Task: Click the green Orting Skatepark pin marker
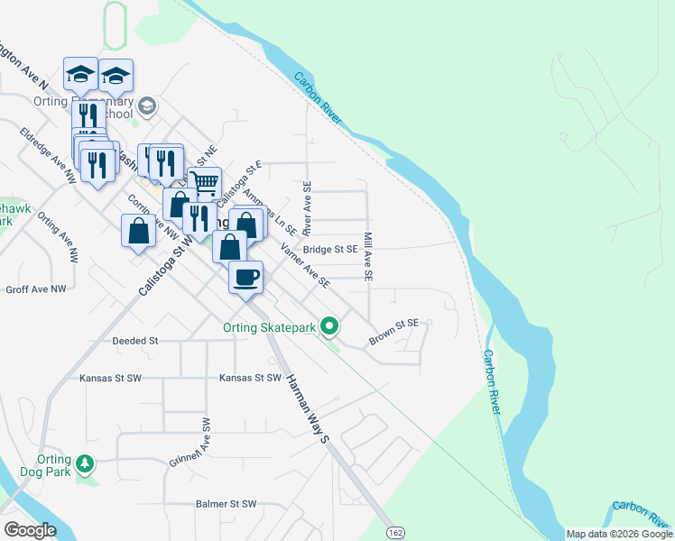tap(331, 326)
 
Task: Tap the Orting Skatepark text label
tap(271, 327)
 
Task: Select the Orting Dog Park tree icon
tap(85, 463)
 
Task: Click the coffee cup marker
tap(245, 277)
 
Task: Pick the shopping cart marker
tap(205, 184)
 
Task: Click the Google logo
tap(31, 530)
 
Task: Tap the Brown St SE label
tap(394, 332)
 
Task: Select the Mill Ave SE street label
tap(368, 257)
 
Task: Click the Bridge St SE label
tap(331, 250)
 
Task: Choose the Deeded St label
tap(135, 341)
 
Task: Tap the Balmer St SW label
tap(227, 504)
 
